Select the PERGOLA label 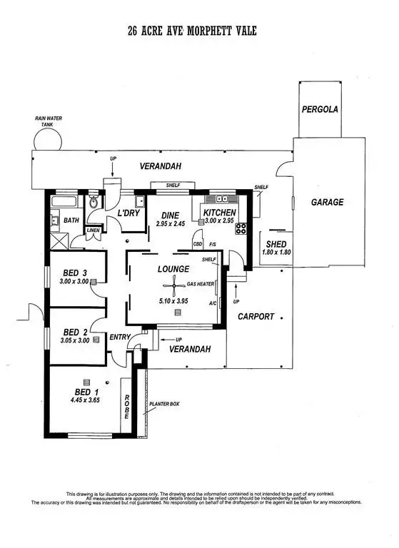point(318,110)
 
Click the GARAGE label point(327,202)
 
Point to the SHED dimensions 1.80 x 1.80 point(275,252)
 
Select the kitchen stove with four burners point(241,229)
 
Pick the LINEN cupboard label point(93,230)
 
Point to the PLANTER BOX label point(163,404)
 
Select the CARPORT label point(256,315)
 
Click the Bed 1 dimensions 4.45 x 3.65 point(84,400)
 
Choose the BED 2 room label point(75,332)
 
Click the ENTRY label point(118,337)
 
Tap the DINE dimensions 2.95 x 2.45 point(171,224)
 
